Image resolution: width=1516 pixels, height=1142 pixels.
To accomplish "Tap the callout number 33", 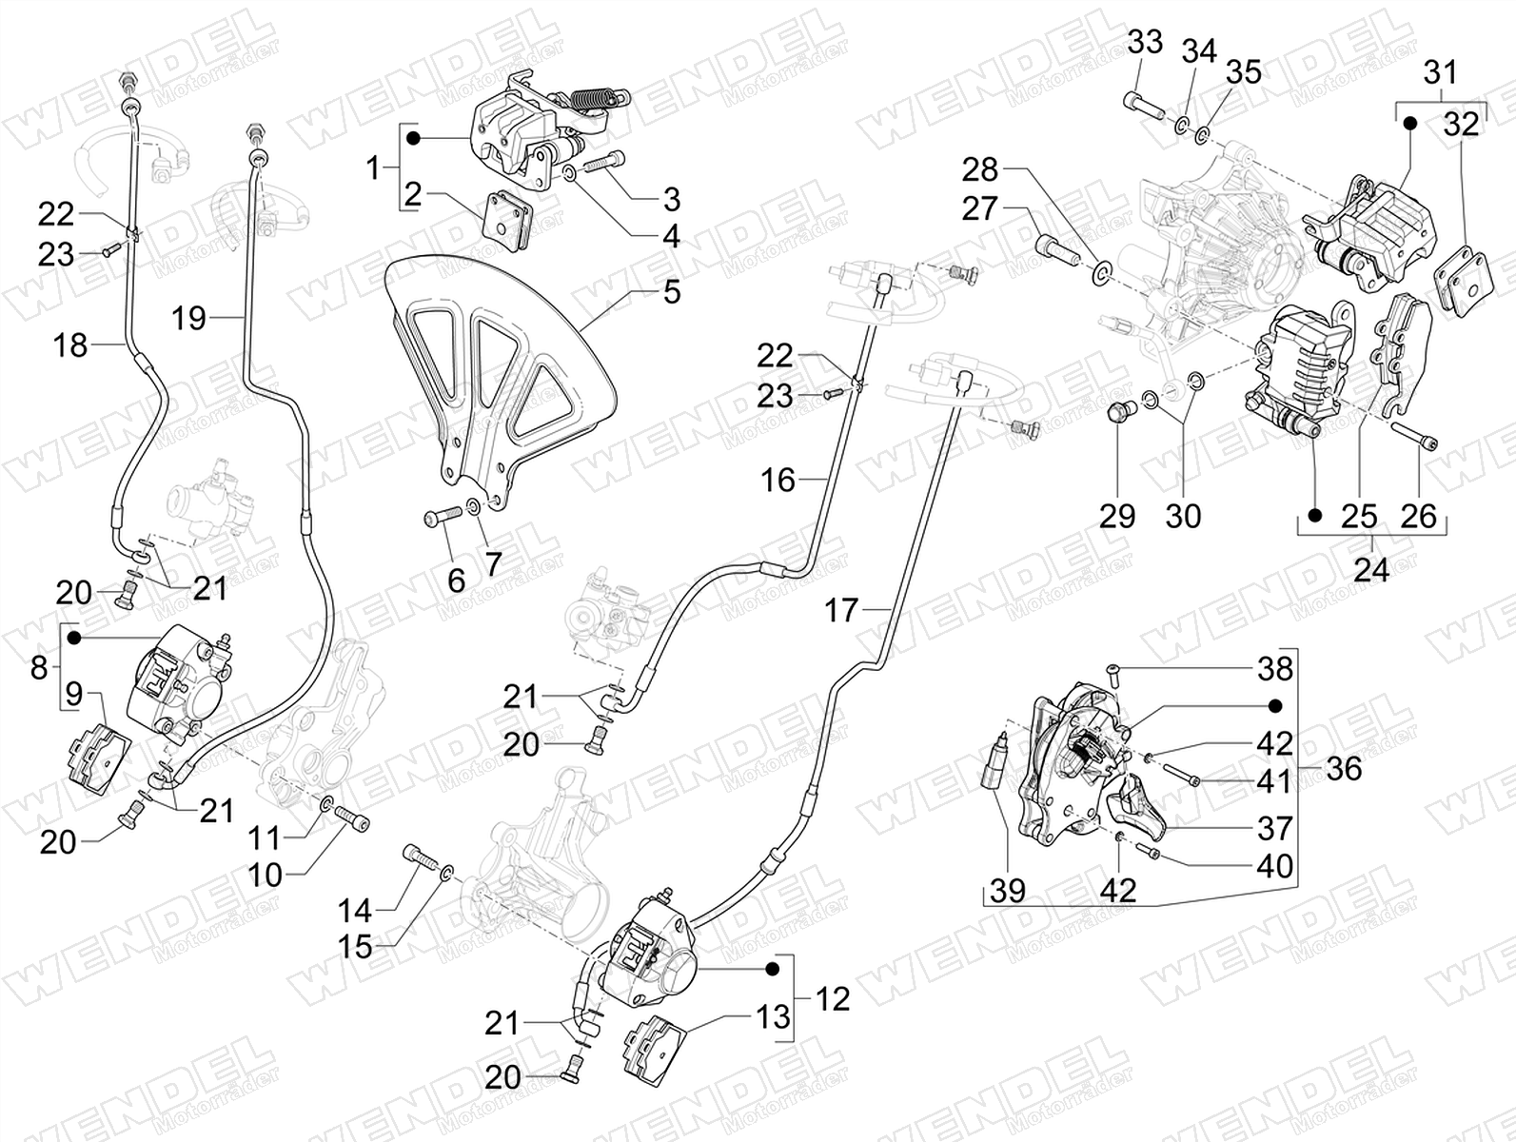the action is coord(1145,42).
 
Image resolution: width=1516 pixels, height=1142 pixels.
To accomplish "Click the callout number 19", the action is coord(188,318).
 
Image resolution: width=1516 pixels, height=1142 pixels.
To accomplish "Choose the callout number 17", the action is coord(841,610).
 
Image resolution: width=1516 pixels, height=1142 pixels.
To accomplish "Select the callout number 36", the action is coord(1344,768).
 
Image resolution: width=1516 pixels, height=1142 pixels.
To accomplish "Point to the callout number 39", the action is coord(1008,891).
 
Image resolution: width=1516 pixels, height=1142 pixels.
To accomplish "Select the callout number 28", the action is coord(980,169).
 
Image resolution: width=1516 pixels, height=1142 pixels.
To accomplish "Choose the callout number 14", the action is coord(355,912).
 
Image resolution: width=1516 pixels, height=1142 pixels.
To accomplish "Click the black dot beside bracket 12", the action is coord(773,970).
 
